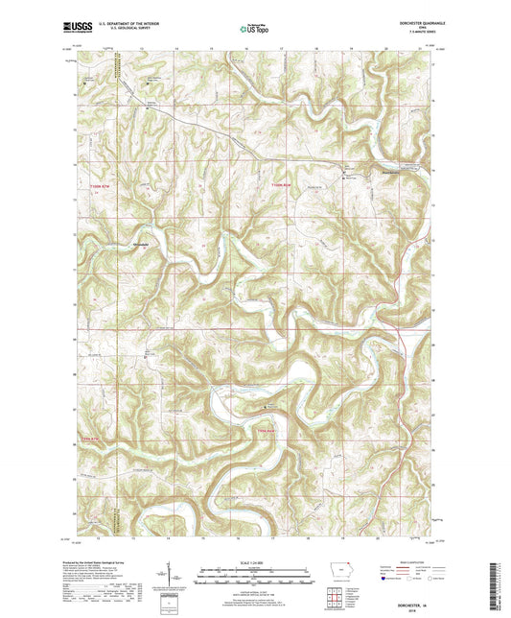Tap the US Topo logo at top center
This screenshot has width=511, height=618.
pos(254,29)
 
